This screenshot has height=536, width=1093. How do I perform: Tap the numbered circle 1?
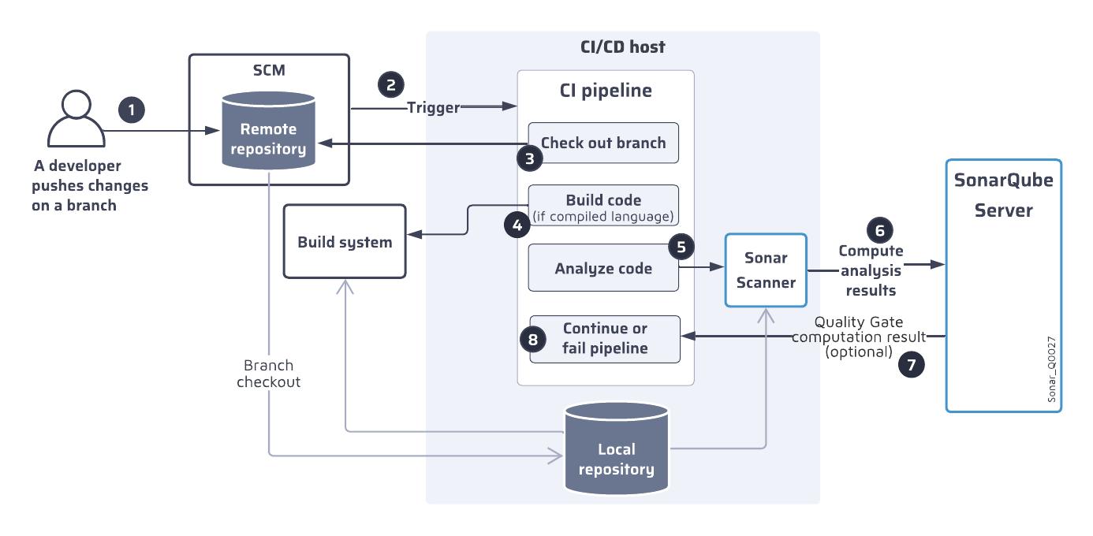[132, 110]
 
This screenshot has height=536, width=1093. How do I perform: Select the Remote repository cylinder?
[268, 131]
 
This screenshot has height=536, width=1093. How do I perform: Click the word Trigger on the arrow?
[433, 107]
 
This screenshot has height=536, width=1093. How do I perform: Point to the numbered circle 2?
[390, 84]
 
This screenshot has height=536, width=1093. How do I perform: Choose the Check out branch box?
[603, 143]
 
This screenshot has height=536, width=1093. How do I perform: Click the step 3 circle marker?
[530, 158]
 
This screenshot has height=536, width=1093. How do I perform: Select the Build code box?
[603, 206]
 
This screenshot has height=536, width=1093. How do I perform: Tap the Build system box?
[345, 242]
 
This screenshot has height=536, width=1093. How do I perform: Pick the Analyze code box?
[603, 268]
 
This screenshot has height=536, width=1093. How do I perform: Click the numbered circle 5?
[681, 246]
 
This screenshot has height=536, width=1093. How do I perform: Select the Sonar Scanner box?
[766, 270]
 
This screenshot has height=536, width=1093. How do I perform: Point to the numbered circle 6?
[880, 229]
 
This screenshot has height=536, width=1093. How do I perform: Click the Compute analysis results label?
[871, 270]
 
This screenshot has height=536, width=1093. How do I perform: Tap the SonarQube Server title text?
[1003, 195]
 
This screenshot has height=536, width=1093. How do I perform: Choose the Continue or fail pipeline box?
[605, 339]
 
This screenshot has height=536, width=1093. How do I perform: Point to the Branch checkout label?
[268, 374]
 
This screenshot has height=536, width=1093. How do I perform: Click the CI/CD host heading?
[622, 47]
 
